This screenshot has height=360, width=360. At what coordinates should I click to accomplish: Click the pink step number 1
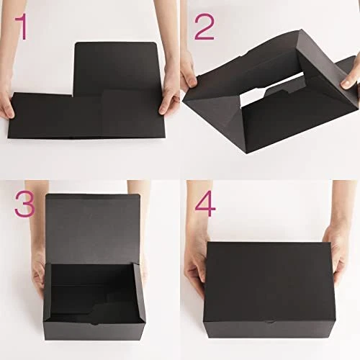22,27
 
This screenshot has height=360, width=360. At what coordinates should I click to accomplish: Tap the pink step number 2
204,27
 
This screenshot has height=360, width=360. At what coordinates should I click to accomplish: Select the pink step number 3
24,204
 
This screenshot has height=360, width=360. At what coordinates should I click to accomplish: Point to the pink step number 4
205,204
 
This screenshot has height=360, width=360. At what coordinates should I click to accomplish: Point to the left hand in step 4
197,264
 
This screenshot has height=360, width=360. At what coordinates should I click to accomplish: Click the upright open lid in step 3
93,228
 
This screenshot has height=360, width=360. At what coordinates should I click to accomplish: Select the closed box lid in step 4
269,282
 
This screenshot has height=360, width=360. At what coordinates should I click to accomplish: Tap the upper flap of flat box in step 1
117,68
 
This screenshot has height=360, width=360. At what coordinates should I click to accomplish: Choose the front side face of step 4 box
269,330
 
